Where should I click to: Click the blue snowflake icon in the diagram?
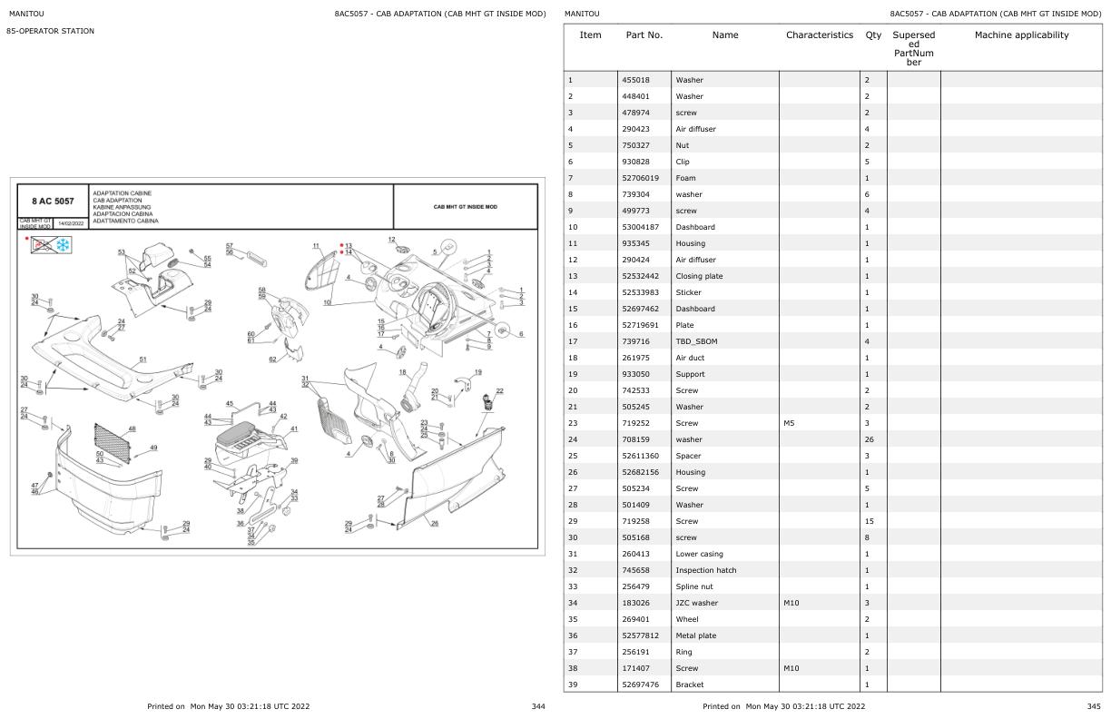(x=62, y=244)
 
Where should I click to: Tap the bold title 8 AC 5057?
(x=53, y=201)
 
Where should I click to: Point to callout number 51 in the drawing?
(x=143, y=359)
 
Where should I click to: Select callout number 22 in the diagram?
(x=499, y=390)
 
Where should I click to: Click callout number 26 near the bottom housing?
(x=434, y=523)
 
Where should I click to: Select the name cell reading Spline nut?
(x=697, y=586)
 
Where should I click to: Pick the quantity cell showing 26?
(x=869, y=439)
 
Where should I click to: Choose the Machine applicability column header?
(x=1021, y=35)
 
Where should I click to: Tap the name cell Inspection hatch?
(x=705, y=570)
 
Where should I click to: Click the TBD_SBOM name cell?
(x=696, y=341)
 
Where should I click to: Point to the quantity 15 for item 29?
(x=869, y=521)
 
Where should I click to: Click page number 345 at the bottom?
(x=1093, y=706)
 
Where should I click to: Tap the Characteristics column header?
(x=819, y=35)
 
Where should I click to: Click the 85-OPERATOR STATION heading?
(x=51, y=32)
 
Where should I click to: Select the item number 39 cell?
(x=572, y=685)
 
